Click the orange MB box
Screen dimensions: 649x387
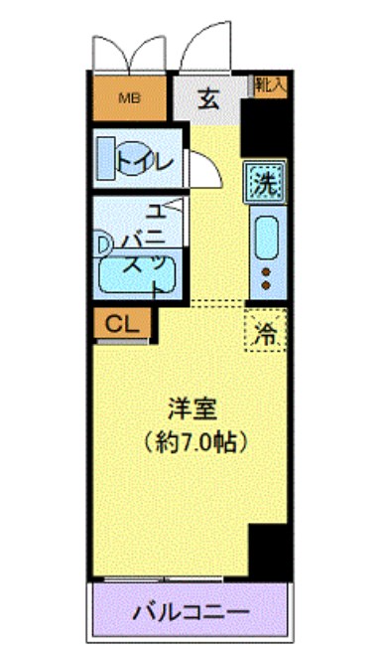coord(129,98)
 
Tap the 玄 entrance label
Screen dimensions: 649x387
coord(209,97)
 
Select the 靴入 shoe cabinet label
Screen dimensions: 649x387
coord(269,85)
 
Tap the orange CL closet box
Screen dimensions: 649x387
coord(122,323)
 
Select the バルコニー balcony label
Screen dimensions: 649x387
coord(192,609)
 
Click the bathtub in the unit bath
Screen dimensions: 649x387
coord(138,274)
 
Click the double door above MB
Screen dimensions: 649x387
coord(129,55)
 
